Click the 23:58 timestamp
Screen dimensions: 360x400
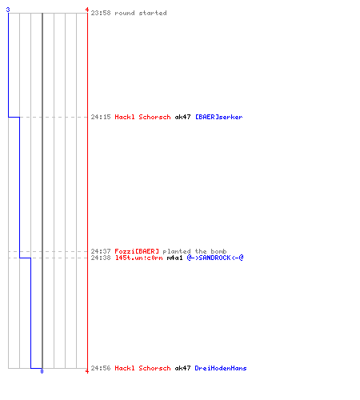(x=101, y=13)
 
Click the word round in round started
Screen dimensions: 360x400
(x=125, y=13)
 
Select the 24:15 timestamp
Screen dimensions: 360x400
(x=101, y=117)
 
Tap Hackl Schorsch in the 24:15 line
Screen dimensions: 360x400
(x=142, y=117)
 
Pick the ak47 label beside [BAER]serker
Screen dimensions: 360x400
(x=182, y=117)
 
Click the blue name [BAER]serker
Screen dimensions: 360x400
(x=219, y=117)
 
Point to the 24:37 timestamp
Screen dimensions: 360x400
(x=101, y=251)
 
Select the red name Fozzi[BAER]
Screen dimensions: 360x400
(x=137, y=251)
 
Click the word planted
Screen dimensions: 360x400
(x=177, y=251)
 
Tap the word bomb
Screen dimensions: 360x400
(x=218, y=251)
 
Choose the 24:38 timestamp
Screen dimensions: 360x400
(x=101, y=258)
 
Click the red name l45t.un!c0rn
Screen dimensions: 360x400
(x=138, y=258)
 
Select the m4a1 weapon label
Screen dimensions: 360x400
(x=174, y=258)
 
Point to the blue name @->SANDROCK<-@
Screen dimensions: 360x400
(x=215, y=258)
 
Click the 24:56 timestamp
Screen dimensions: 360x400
(x=101, y=368)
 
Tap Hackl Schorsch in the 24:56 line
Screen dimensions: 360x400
(x=142, y=368)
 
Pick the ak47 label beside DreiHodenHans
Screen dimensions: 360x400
(x=182, y=368)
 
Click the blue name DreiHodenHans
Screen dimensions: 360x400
(x=221, y=368)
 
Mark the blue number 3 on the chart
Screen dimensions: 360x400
(x=8, y=10)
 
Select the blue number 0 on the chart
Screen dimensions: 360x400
(x=42, y=371)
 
